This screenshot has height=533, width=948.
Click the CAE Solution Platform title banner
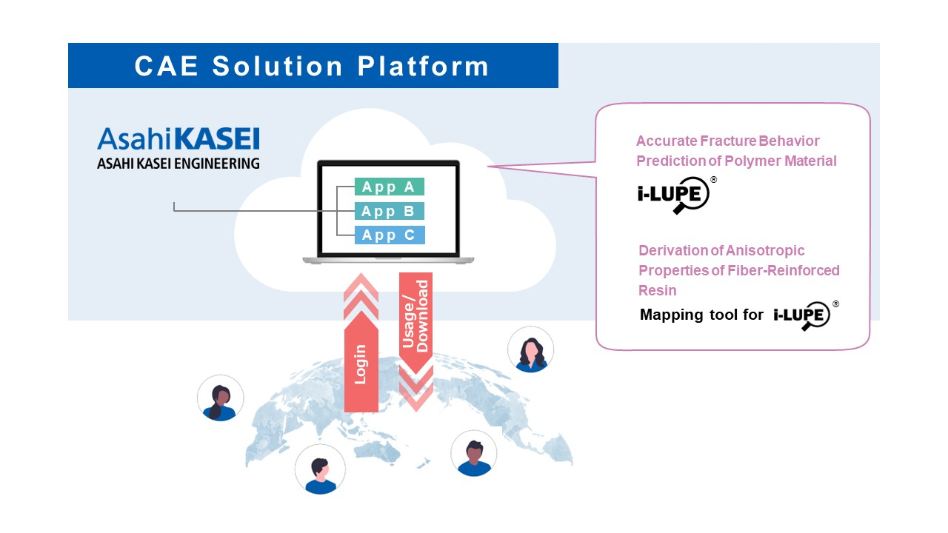(313, 66)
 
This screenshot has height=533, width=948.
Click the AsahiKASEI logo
(178, 140)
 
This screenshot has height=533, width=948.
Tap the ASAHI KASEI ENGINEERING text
(178, 164)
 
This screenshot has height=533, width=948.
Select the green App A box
(389, 187)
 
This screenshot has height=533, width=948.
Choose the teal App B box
(389, 211)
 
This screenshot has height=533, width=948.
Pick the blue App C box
(389, 235)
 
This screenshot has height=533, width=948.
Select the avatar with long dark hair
(530, 349)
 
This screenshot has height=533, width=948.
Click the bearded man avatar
(474, 453)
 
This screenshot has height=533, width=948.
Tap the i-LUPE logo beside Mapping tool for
(803, 315)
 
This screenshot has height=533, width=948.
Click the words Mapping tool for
(701, 315)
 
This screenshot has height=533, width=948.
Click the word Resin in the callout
(658, 290)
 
